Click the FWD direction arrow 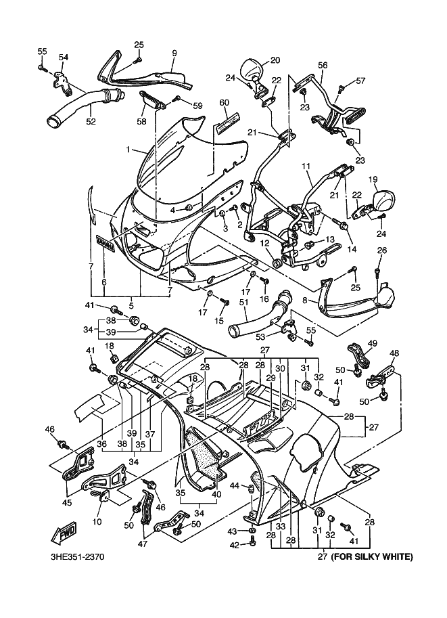(66, 533)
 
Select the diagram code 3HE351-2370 (77, 558)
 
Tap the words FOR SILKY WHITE (371, 558)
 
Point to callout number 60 (224, 103)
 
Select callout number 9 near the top (174, 52)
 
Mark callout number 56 (323, 65)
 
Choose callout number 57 (360, 81)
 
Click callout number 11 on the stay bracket (305, 165)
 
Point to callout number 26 (381, 250)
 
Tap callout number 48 (394, 353)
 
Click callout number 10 (96, 521)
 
